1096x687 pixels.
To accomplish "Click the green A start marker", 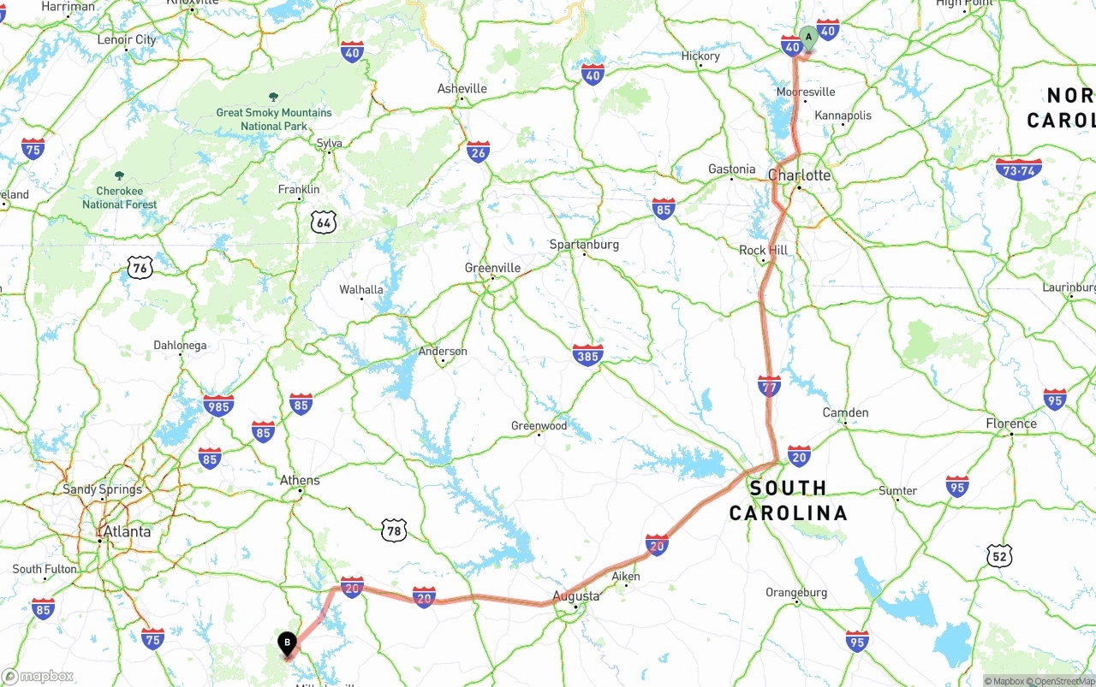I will [x=808, y=38].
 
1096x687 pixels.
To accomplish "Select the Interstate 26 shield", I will [x=479, y=152].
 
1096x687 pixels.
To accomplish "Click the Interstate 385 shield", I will [x=587, y=354].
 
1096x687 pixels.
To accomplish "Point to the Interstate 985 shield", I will [x=218, y=406].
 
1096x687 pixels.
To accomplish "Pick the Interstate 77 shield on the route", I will [x=769, y=386].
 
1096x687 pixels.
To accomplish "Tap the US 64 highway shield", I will [x=323, y=222].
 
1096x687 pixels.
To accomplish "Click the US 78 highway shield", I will [x=393, y=530].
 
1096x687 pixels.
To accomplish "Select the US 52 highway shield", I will [x=998, y=555].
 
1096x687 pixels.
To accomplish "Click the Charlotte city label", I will [x=800, y=175].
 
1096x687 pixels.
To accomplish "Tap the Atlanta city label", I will [x=127, y=531].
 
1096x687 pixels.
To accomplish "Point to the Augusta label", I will [x=576, y=595].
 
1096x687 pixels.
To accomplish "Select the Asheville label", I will [x=462, y=88].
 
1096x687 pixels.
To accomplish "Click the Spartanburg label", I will [x=584, y=245].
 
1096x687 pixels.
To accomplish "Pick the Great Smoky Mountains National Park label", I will [x=274, y=119].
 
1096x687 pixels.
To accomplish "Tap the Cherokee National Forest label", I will [x=120, y=198].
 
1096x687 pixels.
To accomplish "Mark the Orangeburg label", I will [x=796, y=592].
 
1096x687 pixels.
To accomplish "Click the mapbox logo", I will [x=38, y=676].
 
